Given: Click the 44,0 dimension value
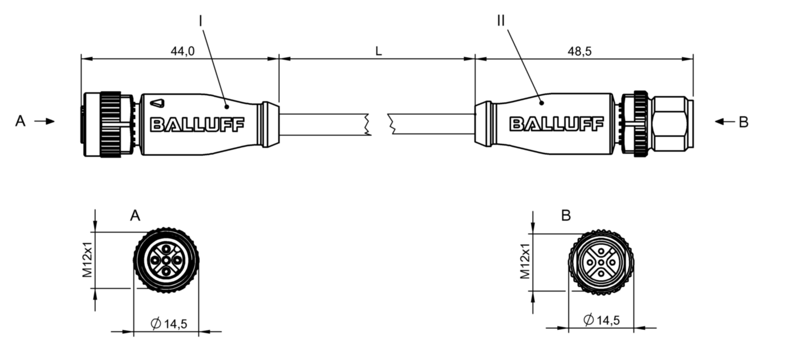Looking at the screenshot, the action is (182, 51).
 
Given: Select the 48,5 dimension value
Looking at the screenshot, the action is (580, 51).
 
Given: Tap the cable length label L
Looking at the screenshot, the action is (379, 51).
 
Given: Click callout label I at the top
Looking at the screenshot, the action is (201, 22).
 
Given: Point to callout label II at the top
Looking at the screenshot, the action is (501, 21).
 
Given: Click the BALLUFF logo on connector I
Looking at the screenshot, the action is (197, 125).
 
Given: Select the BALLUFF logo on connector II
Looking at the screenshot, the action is (557, 124).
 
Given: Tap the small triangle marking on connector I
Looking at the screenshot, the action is (157, 103).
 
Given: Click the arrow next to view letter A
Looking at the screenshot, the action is (44, 122).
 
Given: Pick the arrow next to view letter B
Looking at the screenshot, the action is (725, 122).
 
